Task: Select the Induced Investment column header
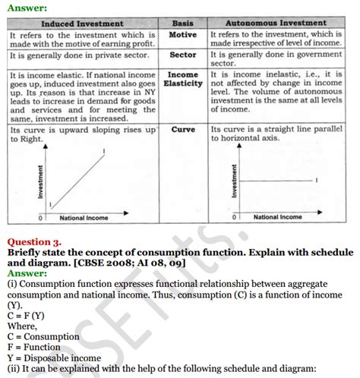pos(82,24)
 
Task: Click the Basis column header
pos(183,24)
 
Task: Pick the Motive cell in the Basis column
pos(183,35)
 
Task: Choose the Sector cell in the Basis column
pos(183,55)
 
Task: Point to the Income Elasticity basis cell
pos(183,80)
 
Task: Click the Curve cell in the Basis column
pos(183,130)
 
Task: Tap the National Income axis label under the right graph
pos(277,217)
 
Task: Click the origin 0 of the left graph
pos(43,217)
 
